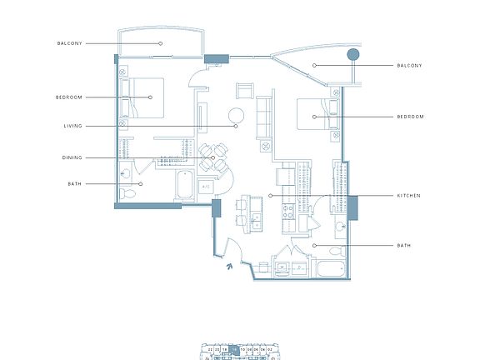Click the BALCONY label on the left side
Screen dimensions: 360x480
tap(69, 43)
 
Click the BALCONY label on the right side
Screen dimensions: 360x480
tap(410, 65)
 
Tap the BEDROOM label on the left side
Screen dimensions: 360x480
tap(69, 97)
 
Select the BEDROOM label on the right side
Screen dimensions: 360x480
tap(410, 117)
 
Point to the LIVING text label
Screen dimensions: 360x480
tap(72, 127)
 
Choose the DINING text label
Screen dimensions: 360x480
tap(72, 157)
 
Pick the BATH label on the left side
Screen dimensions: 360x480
tap(74, 183)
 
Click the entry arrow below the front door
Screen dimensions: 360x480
tap(229, 267)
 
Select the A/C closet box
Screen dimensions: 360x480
tap(205, 187)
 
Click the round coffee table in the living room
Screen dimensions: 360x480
tap(236, 115)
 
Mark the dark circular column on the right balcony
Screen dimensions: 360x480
tap(353, 55)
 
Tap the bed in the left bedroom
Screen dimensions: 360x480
tap(142, 97)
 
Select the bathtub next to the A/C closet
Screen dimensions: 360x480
tap(185, 187)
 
